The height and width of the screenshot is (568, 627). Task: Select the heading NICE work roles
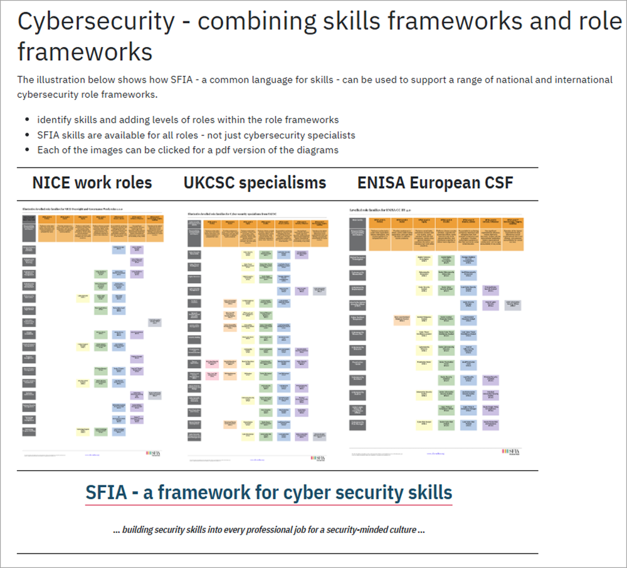92,182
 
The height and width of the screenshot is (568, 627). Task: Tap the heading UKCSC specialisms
255,182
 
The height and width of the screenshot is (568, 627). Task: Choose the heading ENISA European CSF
435,182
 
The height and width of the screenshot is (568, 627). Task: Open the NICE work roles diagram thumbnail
93,332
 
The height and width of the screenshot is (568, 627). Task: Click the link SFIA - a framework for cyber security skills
268,492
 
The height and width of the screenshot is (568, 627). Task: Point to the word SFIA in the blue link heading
106,492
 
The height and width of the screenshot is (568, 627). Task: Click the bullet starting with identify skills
187,120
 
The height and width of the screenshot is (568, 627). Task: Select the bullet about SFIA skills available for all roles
196,135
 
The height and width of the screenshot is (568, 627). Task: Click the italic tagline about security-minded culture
269,529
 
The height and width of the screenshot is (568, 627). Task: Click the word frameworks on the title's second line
85,51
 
